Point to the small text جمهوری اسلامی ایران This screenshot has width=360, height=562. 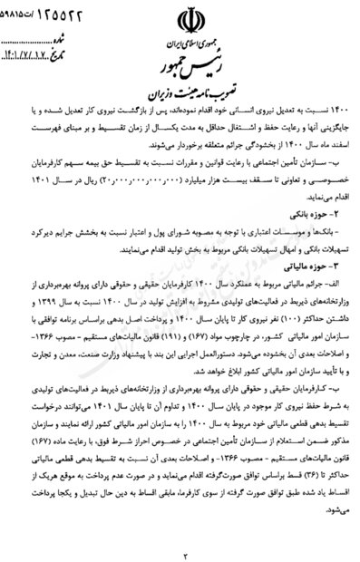click(x=180, y=43)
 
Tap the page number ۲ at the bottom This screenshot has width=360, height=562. click(x=181, y=549)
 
